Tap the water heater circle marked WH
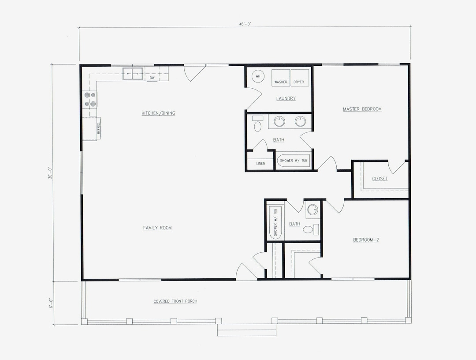tap(258, 76)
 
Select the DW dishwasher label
tap(152, 78)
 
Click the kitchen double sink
tap(133, 74)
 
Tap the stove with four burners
tap(90, 100)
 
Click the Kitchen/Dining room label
tap(158, 113)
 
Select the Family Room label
tap(157, 228)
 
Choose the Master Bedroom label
tap(362, 109)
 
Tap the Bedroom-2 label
tap(365, 240)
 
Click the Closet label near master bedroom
tap(379, 179)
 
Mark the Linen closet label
tap(260, 164)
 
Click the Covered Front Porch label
tap(175, 301)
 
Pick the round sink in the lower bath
tap(312, 210)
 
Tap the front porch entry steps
tap(246, 330)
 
